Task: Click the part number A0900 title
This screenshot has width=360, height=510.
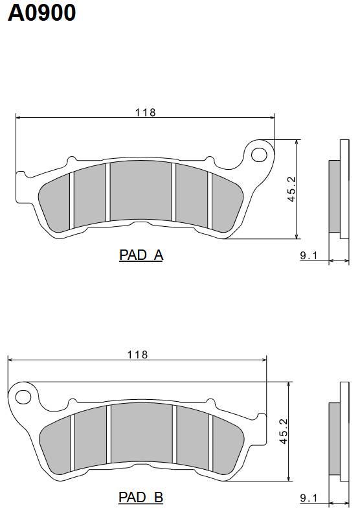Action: coord(41,13)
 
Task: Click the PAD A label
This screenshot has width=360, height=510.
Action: coord(141,255)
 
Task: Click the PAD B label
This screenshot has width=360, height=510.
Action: coord(141,497)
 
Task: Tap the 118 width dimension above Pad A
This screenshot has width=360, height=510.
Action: coord(146,113)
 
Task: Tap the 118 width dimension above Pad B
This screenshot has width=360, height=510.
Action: coord(137,354)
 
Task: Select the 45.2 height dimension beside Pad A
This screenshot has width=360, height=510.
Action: coord(292,189)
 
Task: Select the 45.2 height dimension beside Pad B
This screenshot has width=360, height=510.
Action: coord(284,432)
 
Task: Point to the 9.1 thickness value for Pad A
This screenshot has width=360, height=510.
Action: coord(308,256)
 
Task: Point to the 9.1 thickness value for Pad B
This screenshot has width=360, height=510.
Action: coord(308,498)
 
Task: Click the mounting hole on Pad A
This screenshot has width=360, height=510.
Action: coord(259,155)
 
